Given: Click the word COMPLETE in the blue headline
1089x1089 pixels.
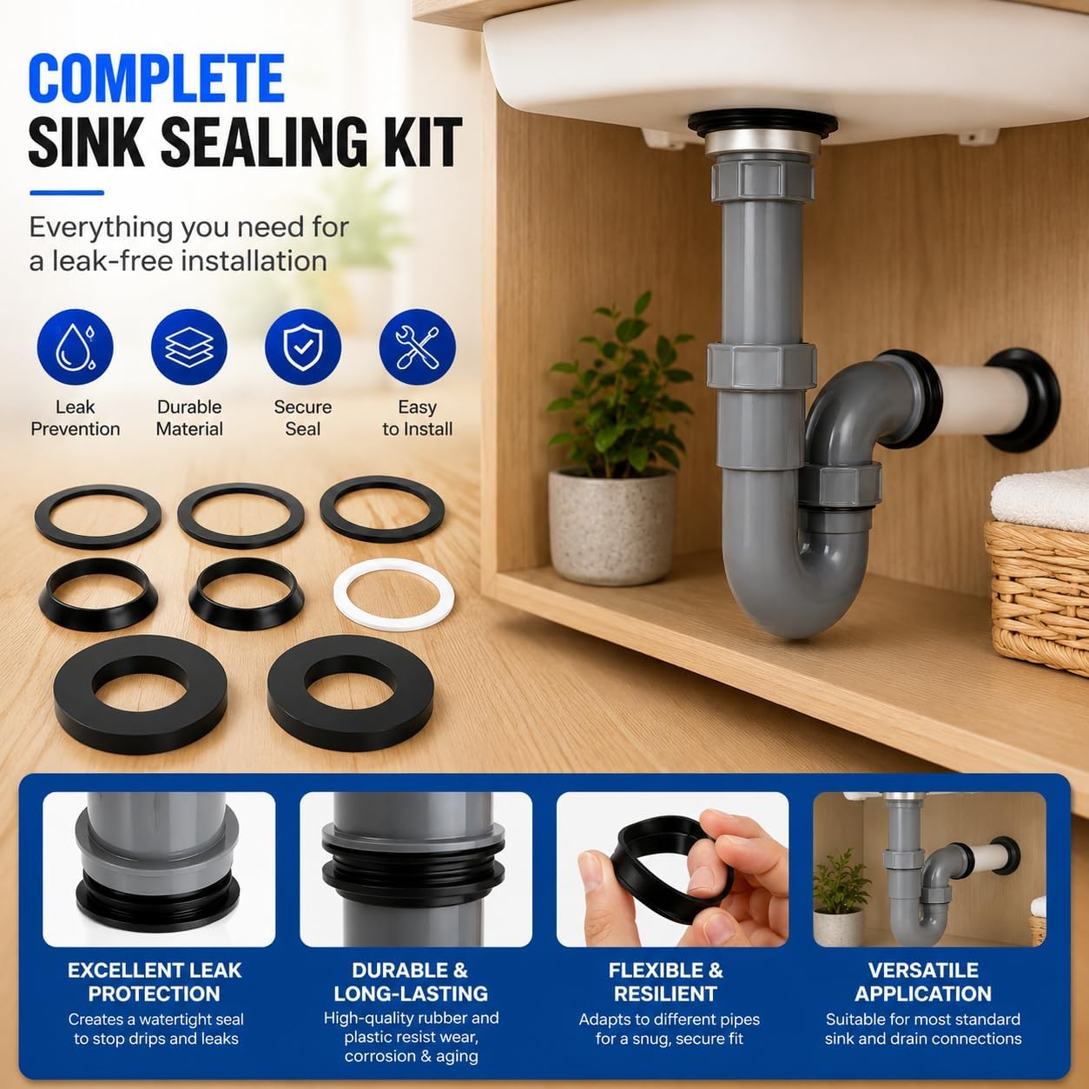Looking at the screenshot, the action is (156, 78).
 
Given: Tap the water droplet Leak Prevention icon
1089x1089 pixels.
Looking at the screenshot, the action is (76, 347).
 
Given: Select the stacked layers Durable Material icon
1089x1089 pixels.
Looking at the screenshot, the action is (189, 347).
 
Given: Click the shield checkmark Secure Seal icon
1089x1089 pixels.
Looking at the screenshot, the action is (303, 347).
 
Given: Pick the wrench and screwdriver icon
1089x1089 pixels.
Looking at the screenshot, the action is (417, 347).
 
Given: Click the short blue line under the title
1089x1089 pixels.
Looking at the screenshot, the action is (67, 193).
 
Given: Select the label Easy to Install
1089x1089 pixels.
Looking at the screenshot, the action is (417, 418).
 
